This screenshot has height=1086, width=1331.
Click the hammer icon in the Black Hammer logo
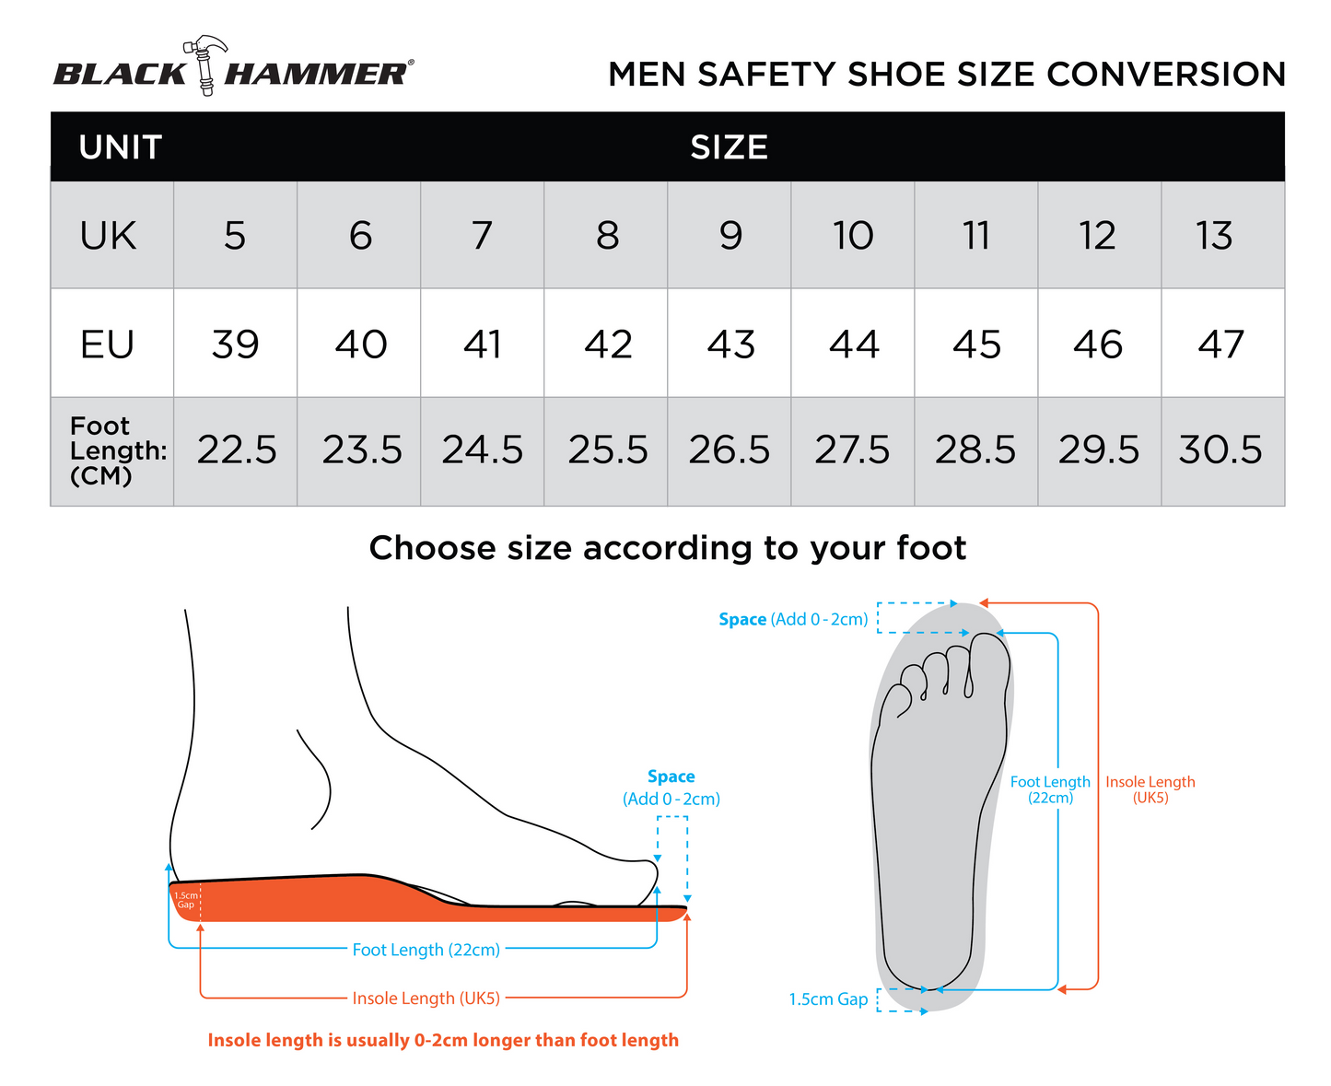pyautogui.click(x=204, y=65)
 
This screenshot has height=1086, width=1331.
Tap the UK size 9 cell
pyautogui.click(x=729, y=234)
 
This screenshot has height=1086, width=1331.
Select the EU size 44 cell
pyautogui.click(x=852, y=343)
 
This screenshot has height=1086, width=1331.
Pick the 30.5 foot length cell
pyautogui.click(x=1222, y=451)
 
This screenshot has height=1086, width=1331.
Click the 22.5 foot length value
pyautogui.click(x=237, y=450)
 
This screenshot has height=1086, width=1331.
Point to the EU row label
pyautogui.click(x=107, y=344)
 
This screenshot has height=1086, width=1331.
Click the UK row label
pyautogui.click(x=108, y=236)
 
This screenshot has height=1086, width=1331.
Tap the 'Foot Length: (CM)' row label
pyautogui.click(x=118, y=450)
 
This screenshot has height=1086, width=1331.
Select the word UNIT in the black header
pyautogui.click(x=120, y=147)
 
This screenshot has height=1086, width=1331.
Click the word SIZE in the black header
pyautogui.click(x=729, y=147)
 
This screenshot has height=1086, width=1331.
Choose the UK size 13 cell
pyautogui.click(x=1222, y=235)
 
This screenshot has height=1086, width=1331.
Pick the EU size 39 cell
pyautogui.click(x=236, y=343)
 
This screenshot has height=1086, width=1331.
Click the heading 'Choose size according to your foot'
pyautogui.click(x=667, y=547)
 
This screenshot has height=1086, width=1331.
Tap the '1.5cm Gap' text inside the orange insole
pyautogui.click(x=185, y=899)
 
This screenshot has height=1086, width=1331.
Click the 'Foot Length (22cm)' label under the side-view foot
pyautogui.click(x=426, y=949)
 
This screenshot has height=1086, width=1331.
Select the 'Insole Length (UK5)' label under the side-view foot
pyautogui.click(x=426, y=998)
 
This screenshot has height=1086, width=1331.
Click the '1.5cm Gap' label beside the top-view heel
pyautogui.click(x=828, y=998)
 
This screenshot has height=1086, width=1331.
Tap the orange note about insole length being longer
pyautogui.click(x=443, y=1039)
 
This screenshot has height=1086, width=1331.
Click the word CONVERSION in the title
pyautogui.click(x=1165, y=74)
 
